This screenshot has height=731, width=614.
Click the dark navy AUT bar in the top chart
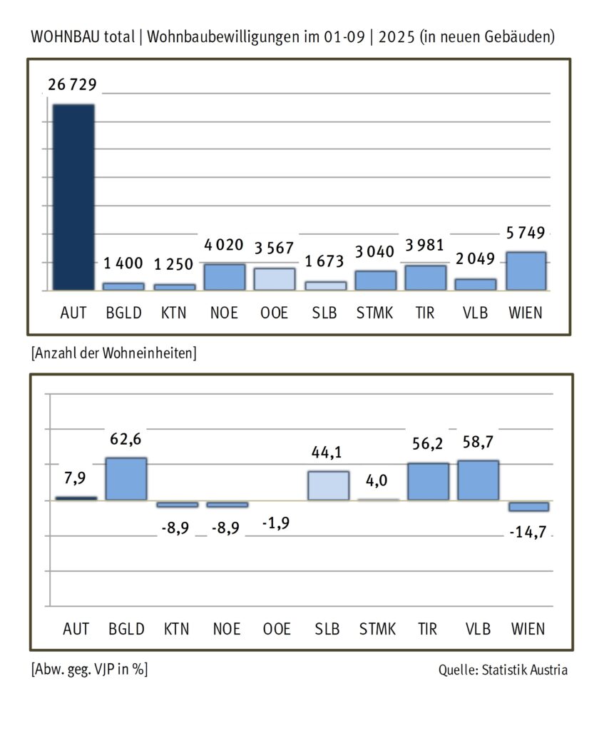73,197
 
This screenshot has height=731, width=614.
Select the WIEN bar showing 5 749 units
526,271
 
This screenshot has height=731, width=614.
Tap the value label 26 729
72,86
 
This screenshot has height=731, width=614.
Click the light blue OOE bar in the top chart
275,279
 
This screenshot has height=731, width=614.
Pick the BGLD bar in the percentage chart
126,479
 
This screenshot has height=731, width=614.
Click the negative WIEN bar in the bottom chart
528,506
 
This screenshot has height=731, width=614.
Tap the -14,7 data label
528,532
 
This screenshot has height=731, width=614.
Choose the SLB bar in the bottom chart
328,485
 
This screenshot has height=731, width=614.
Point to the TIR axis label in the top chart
425,313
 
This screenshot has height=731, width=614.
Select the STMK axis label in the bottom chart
377,629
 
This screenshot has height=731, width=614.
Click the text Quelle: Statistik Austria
503,670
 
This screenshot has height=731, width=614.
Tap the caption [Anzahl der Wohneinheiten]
114,353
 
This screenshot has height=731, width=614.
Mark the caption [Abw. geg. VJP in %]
90,670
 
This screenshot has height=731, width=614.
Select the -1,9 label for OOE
275,523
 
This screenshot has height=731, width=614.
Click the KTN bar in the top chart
175,287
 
